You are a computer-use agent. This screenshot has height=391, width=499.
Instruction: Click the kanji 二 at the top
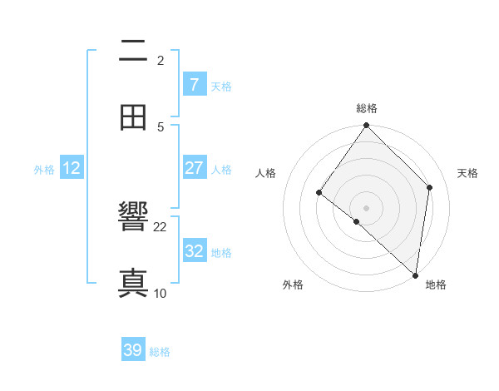coord(134,52)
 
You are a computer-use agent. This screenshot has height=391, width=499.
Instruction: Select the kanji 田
coord(134,118)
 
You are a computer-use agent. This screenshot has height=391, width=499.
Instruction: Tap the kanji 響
coord(134,218)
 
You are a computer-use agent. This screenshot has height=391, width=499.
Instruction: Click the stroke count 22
coord(161,226)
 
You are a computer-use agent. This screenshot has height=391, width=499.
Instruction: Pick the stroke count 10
coord(161,293)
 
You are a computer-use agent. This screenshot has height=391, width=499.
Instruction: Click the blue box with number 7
coord(194,85)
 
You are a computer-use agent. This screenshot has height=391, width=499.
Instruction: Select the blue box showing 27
coord(194,168)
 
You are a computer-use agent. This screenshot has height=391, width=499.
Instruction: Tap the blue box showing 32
coord(194,251)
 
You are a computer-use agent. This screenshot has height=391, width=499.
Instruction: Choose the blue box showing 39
coord(133,350)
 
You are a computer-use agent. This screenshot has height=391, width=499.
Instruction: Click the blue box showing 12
coord(72,168)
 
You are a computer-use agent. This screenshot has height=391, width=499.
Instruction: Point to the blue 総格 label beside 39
coord(160,352)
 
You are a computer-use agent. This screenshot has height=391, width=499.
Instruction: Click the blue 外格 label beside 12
coord(44,170)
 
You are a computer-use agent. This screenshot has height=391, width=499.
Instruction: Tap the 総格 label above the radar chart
coord(367,108)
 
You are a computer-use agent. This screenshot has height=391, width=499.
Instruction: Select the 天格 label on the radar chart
coord(468,173)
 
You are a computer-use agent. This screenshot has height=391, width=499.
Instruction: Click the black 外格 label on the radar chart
coord(293,285)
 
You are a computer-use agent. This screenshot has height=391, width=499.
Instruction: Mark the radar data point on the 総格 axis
coord(367,126)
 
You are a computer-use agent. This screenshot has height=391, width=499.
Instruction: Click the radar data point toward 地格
coord(415,275)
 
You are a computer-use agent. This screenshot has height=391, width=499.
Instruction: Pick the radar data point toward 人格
coord(319,192)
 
